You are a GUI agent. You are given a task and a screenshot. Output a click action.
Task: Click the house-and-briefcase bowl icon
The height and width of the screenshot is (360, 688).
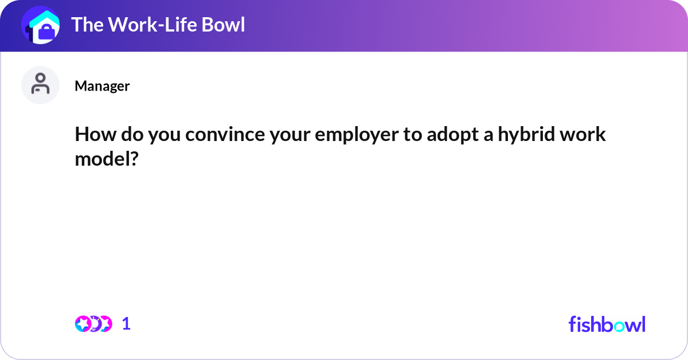pos(41,25)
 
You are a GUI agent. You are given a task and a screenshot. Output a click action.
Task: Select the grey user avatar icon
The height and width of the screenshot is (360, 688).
pos(41,85)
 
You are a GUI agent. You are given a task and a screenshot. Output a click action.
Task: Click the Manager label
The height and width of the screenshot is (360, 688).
pos(102,86)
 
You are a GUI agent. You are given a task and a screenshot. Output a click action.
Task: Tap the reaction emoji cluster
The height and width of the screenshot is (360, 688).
pos(93,323)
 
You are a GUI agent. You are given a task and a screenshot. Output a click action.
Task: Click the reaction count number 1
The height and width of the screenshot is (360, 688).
pos(127,324)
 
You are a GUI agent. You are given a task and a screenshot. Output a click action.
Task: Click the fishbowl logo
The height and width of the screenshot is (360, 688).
pos(607,324)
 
